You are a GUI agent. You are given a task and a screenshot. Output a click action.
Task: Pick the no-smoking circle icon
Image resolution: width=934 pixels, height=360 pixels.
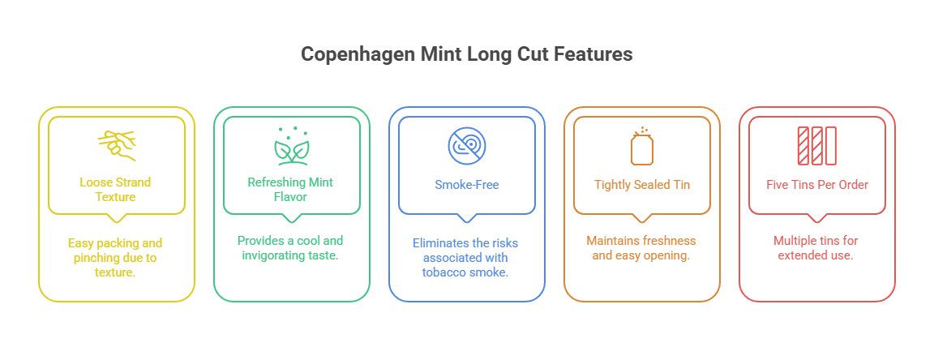click(x=466, y=146)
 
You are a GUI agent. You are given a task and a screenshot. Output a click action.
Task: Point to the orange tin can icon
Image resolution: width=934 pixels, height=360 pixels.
click(x=641, y=146)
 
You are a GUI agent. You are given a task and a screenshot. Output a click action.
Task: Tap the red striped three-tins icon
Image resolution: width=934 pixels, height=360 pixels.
click(x=816, y=146)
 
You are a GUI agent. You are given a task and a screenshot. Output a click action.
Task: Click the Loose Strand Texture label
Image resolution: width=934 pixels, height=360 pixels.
click(x=116, y=190)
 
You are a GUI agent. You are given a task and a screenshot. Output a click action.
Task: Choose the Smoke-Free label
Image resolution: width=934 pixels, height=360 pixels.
click(x=466, y=184)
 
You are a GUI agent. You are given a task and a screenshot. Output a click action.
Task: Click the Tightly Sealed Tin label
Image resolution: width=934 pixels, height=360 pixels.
click(x=641, y=184)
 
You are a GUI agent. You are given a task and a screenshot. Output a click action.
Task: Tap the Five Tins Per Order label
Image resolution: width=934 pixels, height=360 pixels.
click(x=816, y=184)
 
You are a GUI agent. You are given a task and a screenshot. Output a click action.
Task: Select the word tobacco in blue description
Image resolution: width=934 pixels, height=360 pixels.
click(x=447, y=272)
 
